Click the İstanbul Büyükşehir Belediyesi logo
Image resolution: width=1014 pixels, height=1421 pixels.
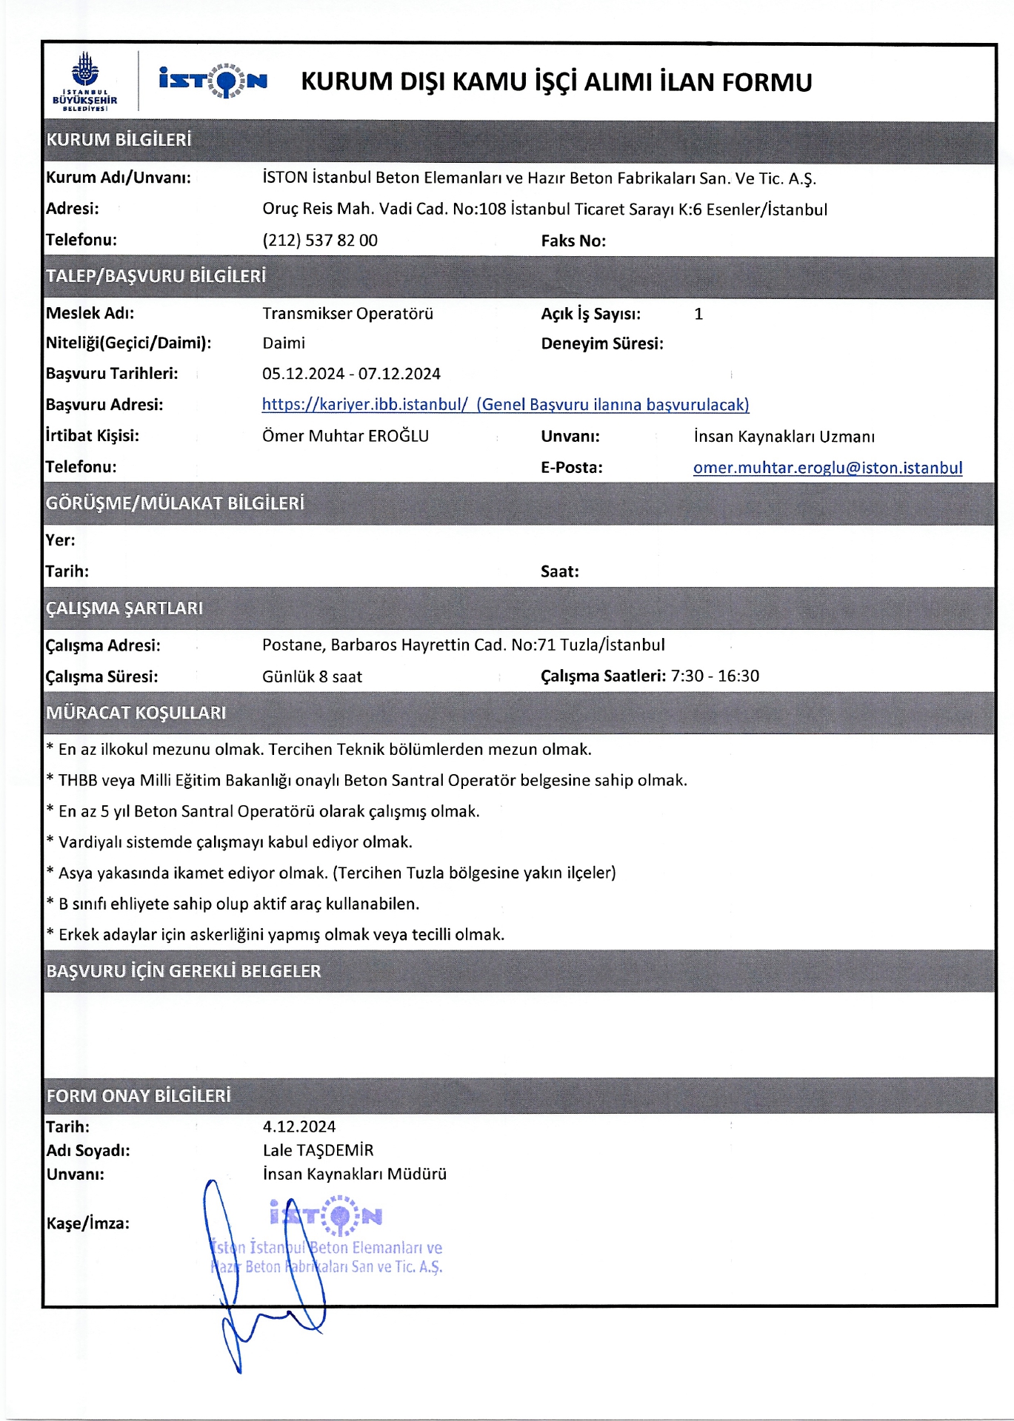click(85, 81)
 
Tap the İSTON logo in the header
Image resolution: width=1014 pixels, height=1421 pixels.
click(213, 80)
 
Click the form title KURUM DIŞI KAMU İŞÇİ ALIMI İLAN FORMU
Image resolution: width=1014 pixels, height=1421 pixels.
click(556, 81)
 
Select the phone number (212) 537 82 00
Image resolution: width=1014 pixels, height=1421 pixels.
click(320, 241)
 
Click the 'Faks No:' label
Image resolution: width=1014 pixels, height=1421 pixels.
click(573, 241)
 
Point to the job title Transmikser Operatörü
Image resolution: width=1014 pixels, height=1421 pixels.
click(347, 314)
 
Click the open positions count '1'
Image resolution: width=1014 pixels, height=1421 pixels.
click(698, 314)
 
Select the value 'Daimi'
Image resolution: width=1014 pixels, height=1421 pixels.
click(284, 343)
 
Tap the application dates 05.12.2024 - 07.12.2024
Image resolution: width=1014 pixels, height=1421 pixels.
click(351, 374)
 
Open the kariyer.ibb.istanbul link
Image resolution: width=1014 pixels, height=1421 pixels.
click(505, 405)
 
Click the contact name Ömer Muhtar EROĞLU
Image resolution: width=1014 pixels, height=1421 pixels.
click(345, 436)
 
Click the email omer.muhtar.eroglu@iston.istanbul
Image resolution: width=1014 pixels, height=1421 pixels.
click(827, 468)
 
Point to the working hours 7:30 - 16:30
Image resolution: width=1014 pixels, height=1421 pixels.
click(715, 676)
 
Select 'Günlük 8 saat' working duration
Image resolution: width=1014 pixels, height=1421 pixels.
click(312, 676)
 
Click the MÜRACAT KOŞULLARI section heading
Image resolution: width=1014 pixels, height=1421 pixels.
click(136, 713)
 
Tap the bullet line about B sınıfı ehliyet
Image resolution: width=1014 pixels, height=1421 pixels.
click(239, 904)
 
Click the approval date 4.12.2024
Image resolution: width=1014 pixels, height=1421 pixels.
click(299, 1126)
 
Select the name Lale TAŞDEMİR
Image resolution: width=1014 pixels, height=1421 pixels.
click(318, 1150)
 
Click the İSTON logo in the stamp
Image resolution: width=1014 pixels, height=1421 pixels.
click(327, 1215)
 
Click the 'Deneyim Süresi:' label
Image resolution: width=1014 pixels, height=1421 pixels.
click(602, 344)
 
